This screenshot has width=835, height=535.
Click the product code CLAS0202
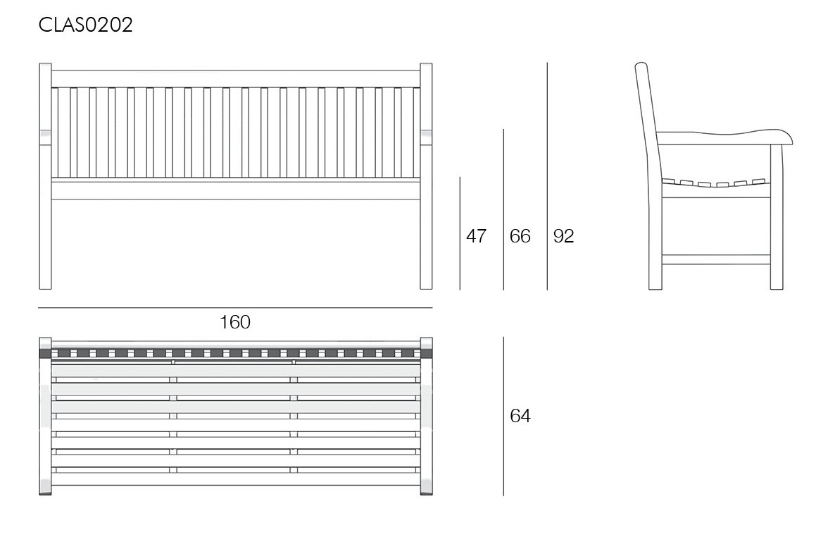pyautogui.click(x=85, y=25)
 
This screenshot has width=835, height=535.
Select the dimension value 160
pyautogui.click(x=235, y=322)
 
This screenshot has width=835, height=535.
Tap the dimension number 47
pyautogui.click(x=476, y=235)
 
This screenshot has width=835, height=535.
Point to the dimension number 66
pyautogui.click(x=520, y=235)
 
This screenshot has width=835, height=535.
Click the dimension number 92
pyautogui.click(x=563, y=235)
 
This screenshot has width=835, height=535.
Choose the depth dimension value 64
pyautogui.click(x=520, y=415)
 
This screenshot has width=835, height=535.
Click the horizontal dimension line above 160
pyautogui.click(x=235, y=308)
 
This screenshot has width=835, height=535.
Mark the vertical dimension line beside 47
pyautogui.click(x=460, y=233)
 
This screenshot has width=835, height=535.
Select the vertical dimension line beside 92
pyautogui.click(x=547, y=176)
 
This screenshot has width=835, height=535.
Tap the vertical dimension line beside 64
pyautogui.click(x=504, y=416)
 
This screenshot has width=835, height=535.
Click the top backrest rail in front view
pyautogui.click(x=235, y=78)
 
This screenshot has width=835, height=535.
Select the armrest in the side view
pyautogui.click(x=724, y=137)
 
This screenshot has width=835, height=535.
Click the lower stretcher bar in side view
pyautogui.click(x=716, y=260)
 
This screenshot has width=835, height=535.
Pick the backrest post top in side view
pyautogui.click(x=641, y=67)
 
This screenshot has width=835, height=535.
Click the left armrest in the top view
pyautogui.click(x=45, y=416)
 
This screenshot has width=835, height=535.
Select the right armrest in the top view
pyautogui.click(x=426, y=416)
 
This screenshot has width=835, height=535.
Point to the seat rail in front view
pyautogui.click(x=235, y=190)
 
